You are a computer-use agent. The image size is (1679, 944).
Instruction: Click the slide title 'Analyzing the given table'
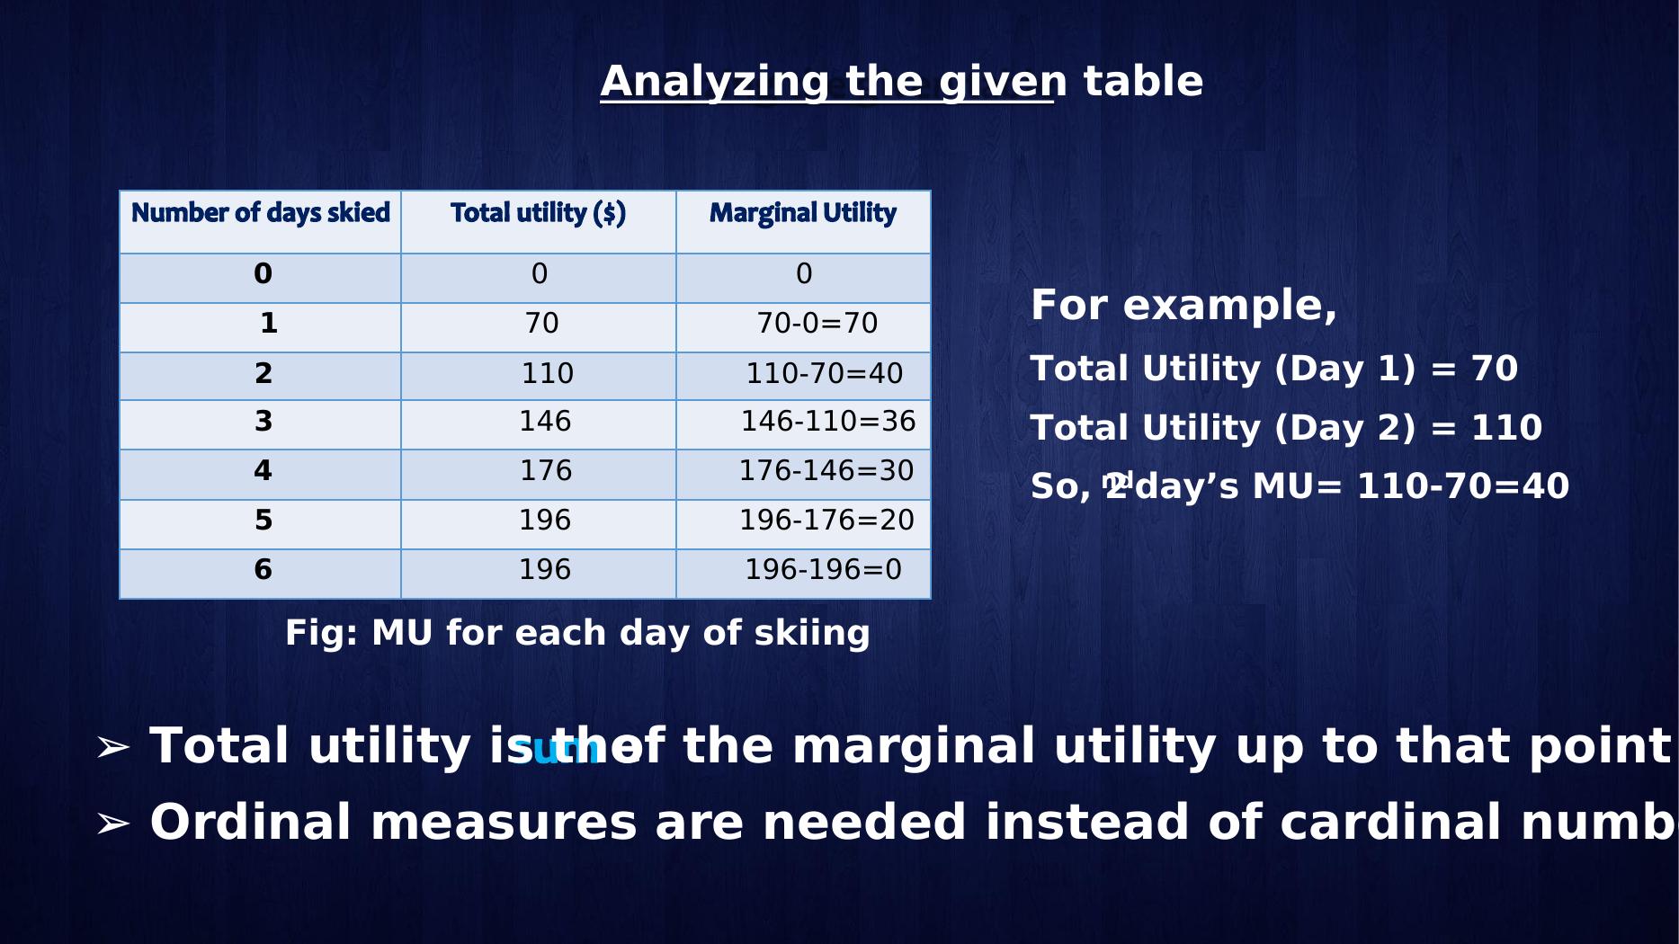point(901,82)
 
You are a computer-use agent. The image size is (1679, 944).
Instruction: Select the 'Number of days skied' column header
point(261,213)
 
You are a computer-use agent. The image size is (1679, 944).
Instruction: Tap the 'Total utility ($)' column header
point(538,213)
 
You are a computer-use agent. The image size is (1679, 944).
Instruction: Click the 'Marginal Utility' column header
point(802,213)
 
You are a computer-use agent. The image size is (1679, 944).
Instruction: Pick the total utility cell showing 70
point(541,324)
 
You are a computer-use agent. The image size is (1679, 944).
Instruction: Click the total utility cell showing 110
point(547,373)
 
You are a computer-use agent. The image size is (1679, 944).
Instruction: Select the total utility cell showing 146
point(545,422)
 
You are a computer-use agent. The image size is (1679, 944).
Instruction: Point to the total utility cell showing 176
point(545,471)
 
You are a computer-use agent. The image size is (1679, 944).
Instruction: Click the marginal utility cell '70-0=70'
point(817,324)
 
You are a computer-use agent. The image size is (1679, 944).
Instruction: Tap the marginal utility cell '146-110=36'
point(827,422)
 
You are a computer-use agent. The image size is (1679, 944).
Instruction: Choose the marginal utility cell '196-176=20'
point(826,521)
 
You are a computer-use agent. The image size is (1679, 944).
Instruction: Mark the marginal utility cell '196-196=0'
point(823,570)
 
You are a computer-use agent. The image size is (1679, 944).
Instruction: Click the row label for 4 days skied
point(263,471)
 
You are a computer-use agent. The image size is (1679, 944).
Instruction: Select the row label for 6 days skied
point(263,570)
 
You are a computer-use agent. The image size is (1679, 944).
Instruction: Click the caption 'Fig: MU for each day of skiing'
point(577,633)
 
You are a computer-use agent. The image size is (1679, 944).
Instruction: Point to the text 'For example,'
point(1183,306)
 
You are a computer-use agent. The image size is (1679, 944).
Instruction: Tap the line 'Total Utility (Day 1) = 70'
point(1273,369)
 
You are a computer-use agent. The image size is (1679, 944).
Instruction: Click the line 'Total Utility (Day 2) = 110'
point(1286,428)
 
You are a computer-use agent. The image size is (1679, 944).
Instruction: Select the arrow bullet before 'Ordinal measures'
point(113,824)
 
